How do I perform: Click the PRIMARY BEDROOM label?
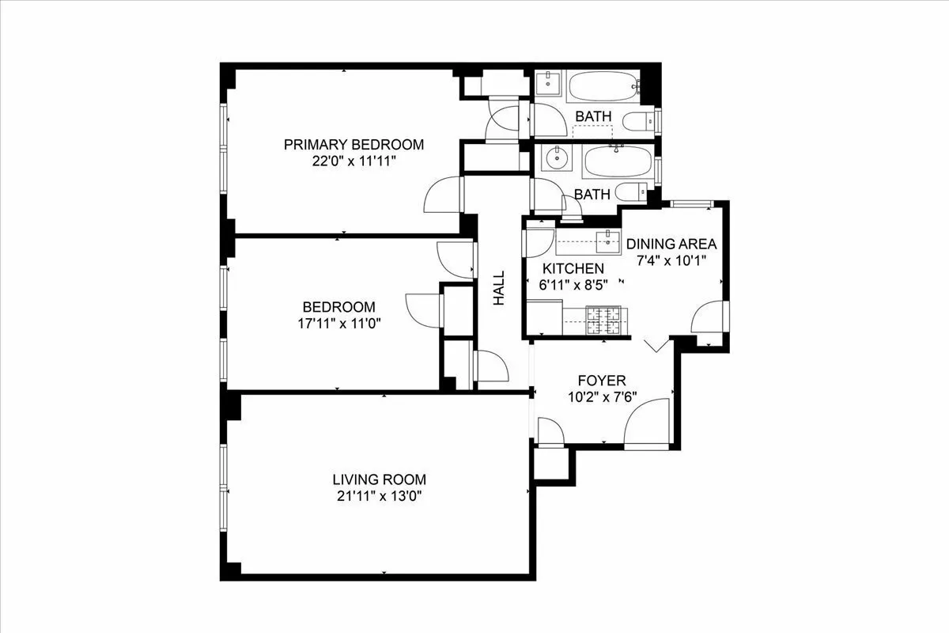(x=354, y=145)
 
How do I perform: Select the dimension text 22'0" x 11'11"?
(x=354, y=161)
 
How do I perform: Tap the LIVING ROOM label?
(x=379, y=479)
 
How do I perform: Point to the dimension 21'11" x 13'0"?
(x=379, y=496)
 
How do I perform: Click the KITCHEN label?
(x=573, y=269)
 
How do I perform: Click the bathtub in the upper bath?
(x=605, y=85)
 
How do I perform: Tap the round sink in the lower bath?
(x=558, y=158)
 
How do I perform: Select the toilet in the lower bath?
(x=632, y=191)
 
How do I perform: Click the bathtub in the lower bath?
(x=618, y=163)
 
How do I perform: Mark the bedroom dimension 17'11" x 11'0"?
(x=338, y=323)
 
